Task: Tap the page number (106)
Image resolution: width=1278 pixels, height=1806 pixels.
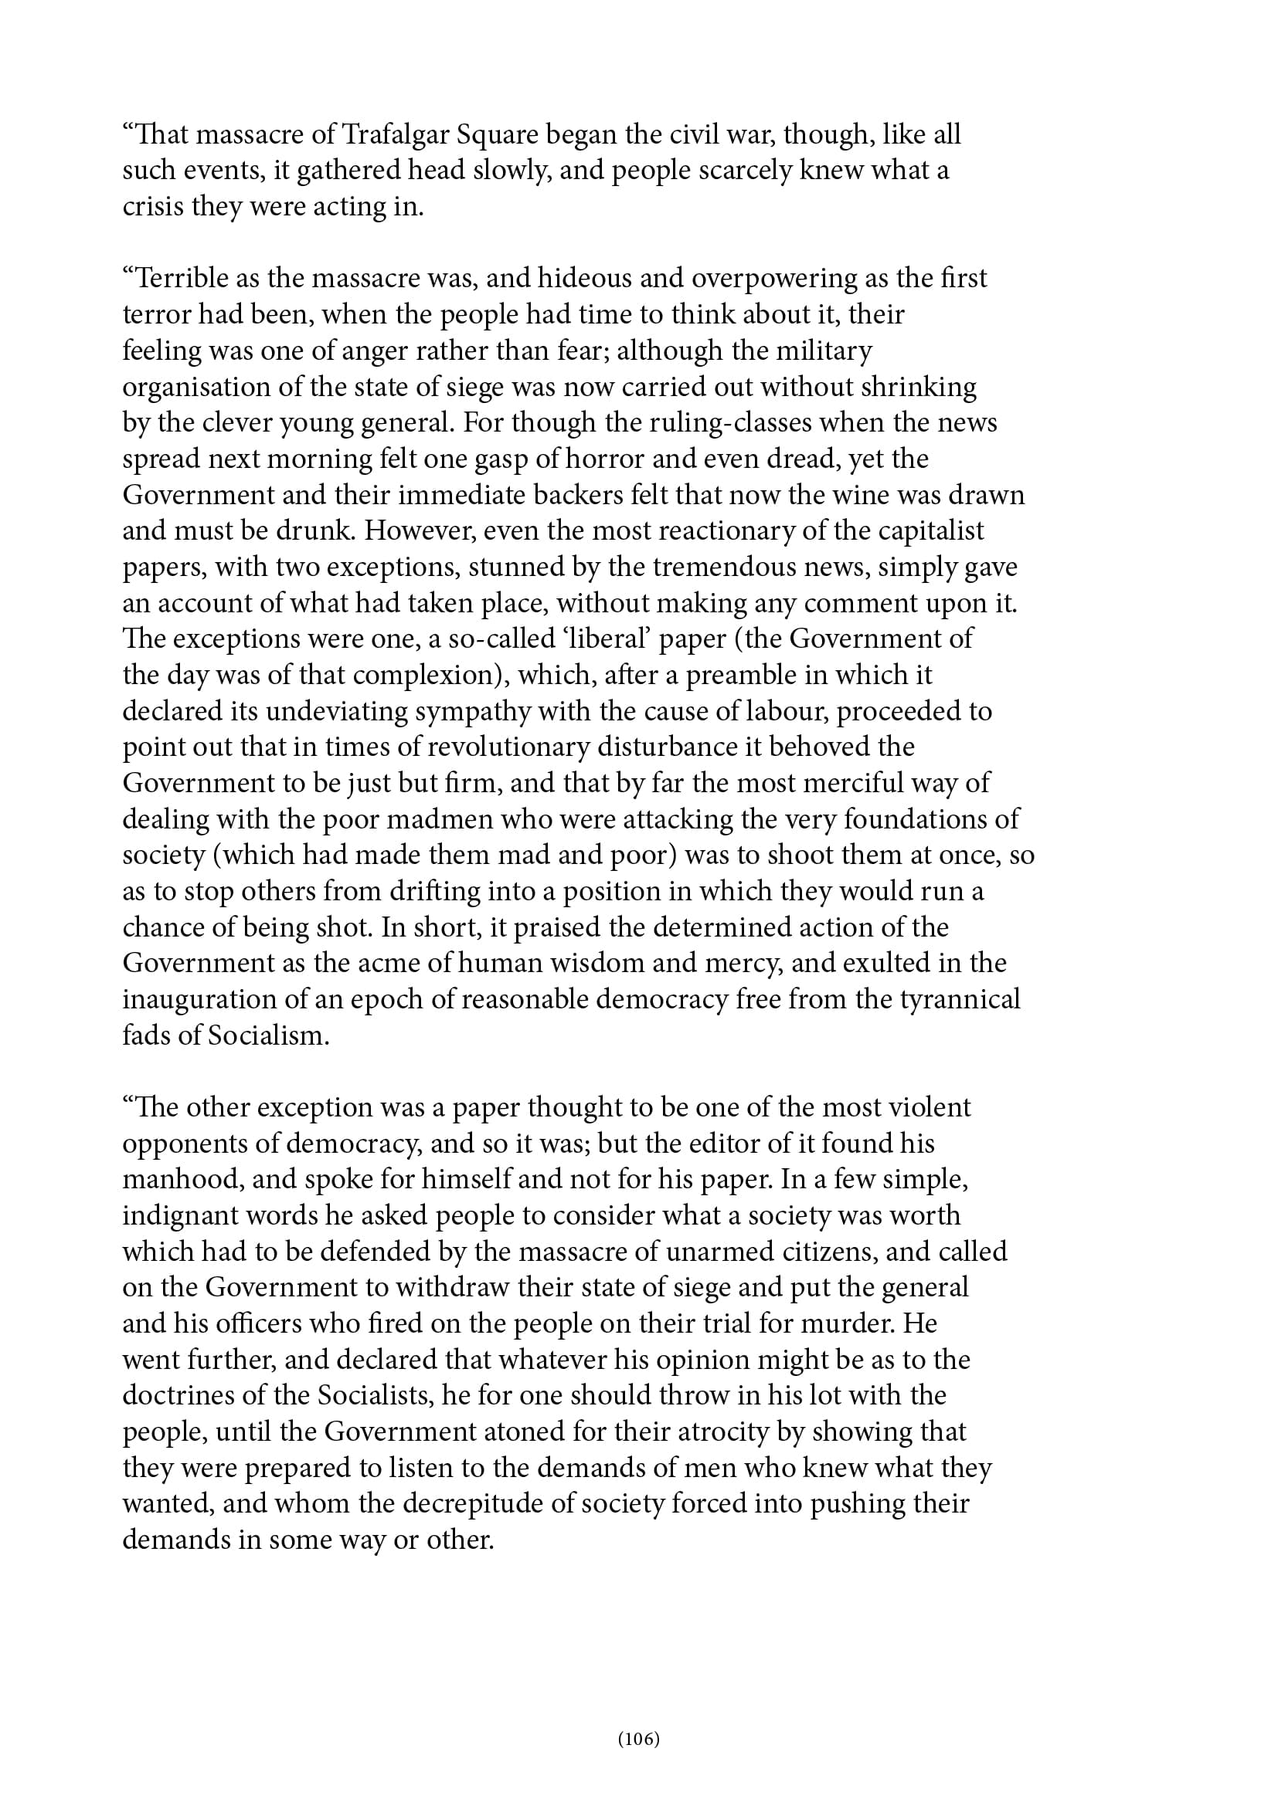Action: coord(638,1738)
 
